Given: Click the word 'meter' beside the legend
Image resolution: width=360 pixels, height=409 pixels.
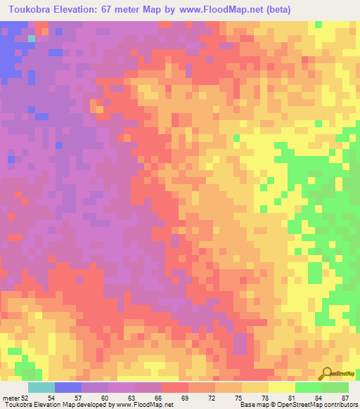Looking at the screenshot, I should [11, 397].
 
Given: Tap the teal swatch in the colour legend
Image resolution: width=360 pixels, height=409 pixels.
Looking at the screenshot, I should [41, 387].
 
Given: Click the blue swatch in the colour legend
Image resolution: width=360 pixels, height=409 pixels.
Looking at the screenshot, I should [67, 387].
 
